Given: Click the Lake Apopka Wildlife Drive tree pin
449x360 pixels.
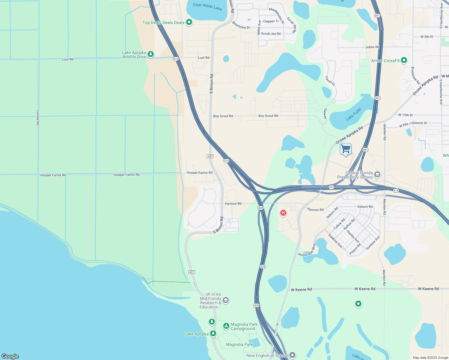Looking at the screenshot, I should (x=151, y=54).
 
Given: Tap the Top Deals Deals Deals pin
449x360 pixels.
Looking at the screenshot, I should (x=189, y=22).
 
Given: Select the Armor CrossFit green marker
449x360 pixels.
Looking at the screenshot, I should (x=404, y=60).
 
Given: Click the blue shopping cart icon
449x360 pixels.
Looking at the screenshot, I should (x=345, y=149).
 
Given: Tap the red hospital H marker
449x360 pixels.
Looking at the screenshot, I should (x=283, y=213).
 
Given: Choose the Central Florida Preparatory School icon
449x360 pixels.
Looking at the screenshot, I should (x=377, y=174).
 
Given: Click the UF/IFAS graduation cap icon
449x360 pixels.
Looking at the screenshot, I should (x=226, y=300).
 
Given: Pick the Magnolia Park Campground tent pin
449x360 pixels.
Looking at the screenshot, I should (x=226, y=326).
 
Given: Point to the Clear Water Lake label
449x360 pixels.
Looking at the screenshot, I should (x=207, y=7).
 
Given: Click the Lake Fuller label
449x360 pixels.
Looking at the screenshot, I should (x=354, y=114).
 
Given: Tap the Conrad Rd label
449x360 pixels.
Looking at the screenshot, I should (x=38, y=117).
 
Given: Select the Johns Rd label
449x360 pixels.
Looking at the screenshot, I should (x=372, y=47).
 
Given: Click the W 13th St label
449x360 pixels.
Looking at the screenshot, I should (x=405, y=115).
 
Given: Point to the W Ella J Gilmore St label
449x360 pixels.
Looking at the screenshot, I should (x=413, y=124).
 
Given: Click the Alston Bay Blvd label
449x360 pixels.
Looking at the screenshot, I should (x=307, y=250).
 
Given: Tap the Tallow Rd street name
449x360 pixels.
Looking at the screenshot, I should (x=339, y=224).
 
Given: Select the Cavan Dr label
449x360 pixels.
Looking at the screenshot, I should (x=330, y=81).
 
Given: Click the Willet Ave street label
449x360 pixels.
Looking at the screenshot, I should (x=259, y=27).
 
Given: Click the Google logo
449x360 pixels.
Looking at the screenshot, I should (x=10, y=356).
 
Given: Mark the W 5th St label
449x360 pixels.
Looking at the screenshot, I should (x=427, y=37).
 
